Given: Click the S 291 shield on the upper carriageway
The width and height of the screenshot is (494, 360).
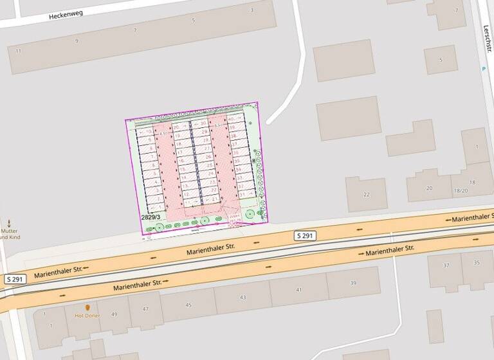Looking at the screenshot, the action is pos(306,236).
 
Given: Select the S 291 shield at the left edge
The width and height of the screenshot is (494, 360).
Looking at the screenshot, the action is pos(16,279).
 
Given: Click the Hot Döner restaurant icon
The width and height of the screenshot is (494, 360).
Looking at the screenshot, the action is pos(87,308).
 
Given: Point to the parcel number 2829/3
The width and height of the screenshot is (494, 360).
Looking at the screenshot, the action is pos(151,218).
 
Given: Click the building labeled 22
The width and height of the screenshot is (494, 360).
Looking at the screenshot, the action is pos(366,195).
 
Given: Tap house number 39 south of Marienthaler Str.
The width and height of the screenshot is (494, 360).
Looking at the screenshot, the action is pos(352,283).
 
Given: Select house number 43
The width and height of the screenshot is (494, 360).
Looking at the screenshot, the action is pos(242,297).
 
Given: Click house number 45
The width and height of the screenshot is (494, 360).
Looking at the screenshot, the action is pos(188,305).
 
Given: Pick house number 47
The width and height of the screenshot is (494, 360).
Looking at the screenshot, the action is pos(145,310).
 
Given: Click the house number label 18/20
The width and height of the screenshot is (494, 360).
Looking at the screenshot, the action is pos(461,190).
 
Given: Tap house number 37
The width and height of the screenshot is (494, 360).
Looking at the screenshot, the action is pos(446,265).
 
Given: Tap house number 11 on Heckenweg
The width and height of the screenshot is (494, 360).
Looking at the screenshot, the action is pos(18,51).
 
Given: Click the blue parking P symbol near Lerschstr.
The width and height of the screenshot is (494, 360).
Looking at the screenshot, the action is pos(484,69).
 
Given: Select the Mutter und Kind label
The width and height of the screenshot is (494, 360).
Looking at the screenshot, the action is pos(9,233).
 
